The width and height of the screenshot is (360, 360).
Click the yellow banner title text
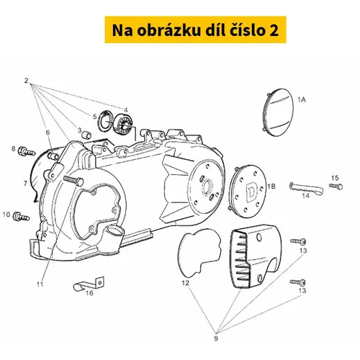(x=195, y=30)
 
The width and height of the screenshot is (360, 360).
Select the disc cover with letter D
(x=247, y=189)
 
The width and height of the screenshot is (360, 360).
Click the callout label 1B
(x=271, y=186)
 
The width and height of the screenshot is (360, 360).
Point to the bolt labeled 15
(x=336, y=186)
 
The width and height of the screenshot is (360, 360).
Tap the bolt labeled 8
(x=27, y=151)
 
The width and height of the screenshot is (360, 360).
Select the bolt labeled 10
(x=21, y=217)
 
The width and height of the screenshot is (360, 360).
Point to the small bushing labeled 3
(x=86, y=135)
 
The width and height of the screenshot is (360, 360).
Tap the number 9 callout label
(x=216, y=338)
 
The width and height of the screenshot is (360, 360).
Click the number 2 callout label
(x=26, y=81)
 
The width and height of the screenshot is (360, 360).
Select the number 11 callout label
(x=40, y=284)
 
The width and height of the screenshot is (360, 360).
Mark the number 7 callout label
(x=25, y=184)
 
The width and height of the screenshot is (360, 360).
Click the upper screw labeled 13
(x=298, y=241)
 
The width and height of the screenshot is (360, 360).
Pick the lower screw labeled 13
(x=298, y=282)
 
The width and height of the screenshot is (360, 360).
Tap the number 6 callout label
(x=48, y=132)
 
